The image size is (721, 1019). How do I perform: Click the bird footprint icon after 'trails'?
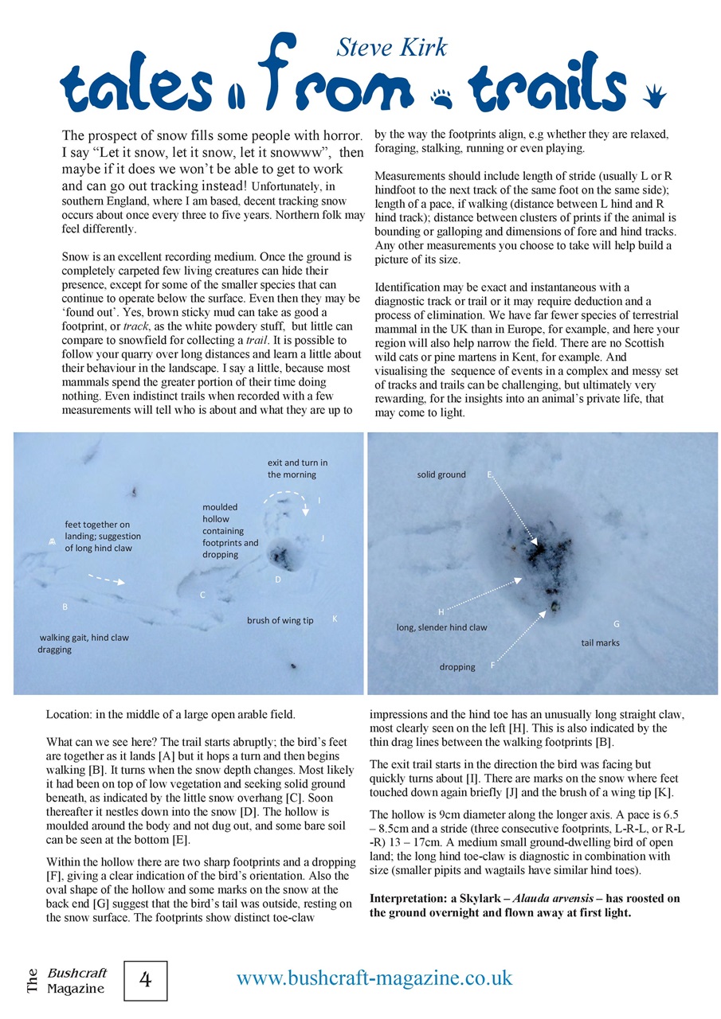point(656,96)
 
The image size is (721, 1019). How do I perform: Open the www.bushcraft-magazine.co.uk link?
point(374,978)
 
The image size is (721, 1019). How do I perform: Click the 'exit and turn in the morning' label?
point(297,468)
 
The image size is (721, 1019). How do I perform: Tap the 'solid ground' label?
point(441,474)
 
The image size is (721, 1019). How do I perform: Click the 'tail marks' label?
point(600,642)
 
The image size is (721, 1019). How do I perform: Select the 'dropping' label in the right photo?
point(457,667)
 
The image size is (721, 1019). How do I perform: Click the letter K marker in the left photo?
point(335,619)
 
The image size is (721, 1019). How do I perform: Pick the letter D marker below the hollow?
point(278,580)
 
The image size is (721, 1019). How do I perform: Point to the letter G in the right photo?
point(616,623)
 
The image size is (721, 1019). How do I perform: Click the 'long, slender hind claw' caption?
point(441,627)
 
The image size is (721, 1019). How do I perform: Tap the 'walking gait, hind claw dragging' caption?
point(83,643)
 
